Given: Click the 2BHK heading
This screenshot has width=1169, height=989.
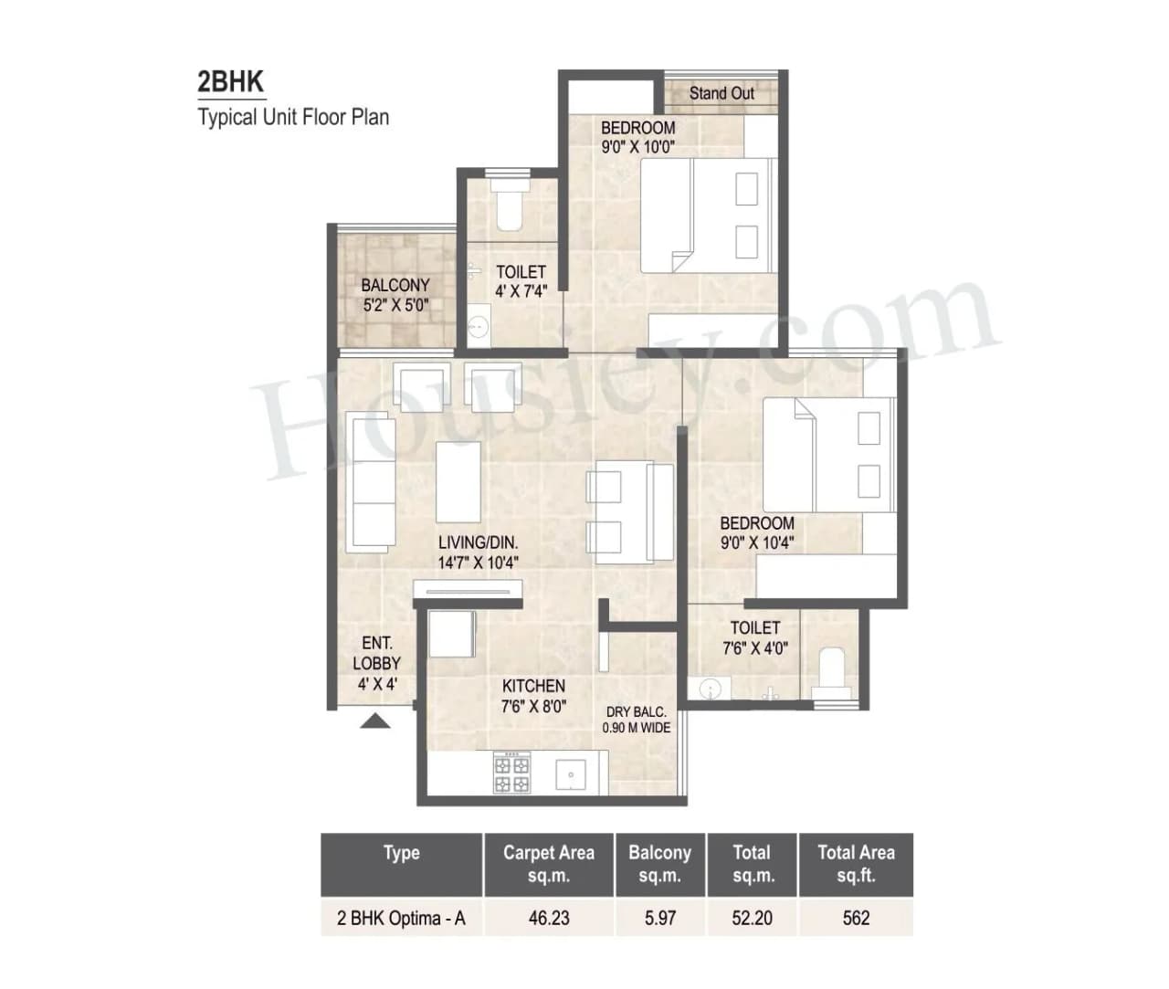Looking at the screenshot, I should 230,82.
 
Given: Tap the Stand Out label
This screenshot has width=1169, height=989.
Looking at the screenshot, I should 721,93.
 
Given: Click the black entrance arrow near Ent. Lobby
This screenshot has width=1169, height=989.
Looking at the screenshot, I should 375,721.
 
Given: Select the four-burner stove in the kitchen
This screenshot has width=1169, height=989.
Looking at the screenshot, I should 511,773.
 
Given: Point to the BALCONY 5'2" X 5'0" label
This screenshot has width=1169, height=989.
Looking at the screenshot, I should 395,295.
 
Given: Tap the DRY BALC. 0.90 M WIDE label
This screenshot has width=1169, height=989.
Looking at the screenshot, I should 637,720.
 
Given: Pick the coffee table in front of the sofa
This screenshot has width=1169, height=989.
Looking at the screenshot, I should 458,481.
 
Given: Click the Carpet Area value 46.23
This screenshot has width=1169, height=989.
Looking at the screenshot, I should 549,918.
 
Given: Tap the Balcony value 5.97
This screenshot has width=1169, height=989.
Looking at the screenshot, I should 660,918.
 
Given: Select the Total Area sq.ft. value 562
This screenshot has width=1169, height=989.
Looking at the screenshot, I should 856,918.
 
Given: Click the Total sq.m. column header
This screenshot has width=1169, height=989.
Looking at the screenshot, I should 753,864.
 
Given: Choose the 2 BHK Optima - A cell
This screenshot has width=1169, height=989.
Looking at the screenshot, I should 401,918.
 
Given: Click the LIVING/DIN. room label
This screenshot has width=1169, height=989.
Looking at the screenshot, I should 478,552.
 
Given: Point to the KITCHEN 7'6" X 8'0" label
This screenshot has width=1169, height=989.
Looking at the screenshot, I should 533,695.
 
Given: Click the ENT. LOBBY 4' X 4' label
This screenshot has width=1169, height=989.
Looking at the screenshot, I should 376,664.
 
